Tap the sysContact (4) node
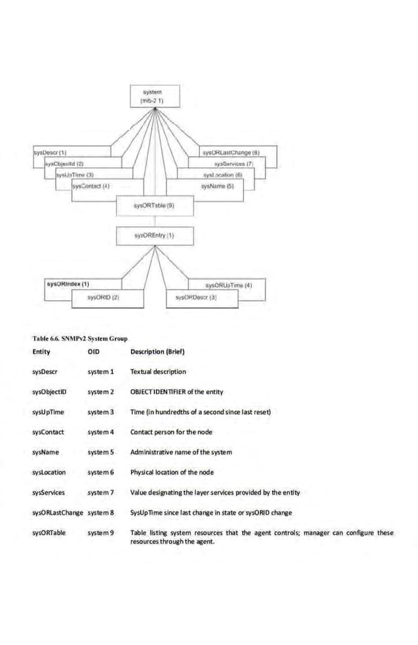click(91, 186)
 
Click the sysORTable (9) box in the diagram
click(153, 205)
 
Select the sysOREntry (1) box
click(153, 234)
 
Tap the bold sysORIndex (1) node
click(67, 284)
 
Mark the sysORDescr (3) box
click(196, 298)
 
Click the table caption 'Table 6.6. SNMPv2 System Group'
click(79, 339)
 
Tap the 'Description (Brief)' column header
click(157, 352)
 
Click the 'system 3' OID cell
click(101, 412)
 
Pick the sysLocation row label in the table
click(49, 472)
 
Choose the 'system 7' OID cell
click(101, 492)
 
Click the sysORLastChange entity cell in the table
click(58, 513)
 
